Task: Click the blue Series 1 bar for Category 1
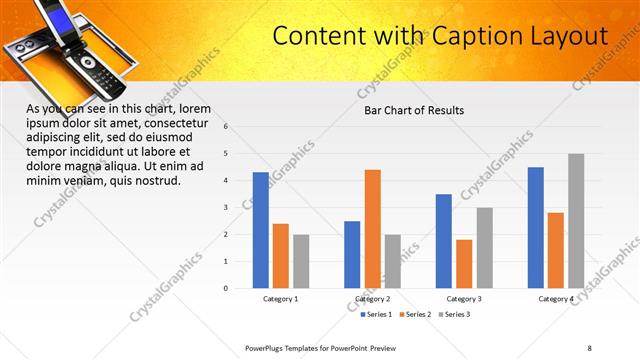point(260,230)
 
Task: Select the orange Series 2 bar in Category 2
point(372,229)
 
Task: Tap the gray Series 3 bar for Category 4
point(576,221)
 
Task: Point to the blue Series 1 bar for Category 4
point(536,227)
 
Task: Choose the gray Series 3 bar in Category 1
point(301,261)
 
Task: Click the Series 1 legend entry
point(377,315)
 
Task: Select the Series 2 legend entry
point(414,315)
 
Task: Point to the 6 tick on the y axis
point(226,127)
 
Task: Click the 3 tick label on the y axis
point(226,208)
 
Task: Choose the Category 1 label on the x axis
point(281,299)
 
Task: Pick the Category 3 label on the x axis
point(465,299)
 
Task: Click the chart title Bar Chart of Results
point(413,110)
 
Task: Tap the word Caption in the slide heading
point(482,37)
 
